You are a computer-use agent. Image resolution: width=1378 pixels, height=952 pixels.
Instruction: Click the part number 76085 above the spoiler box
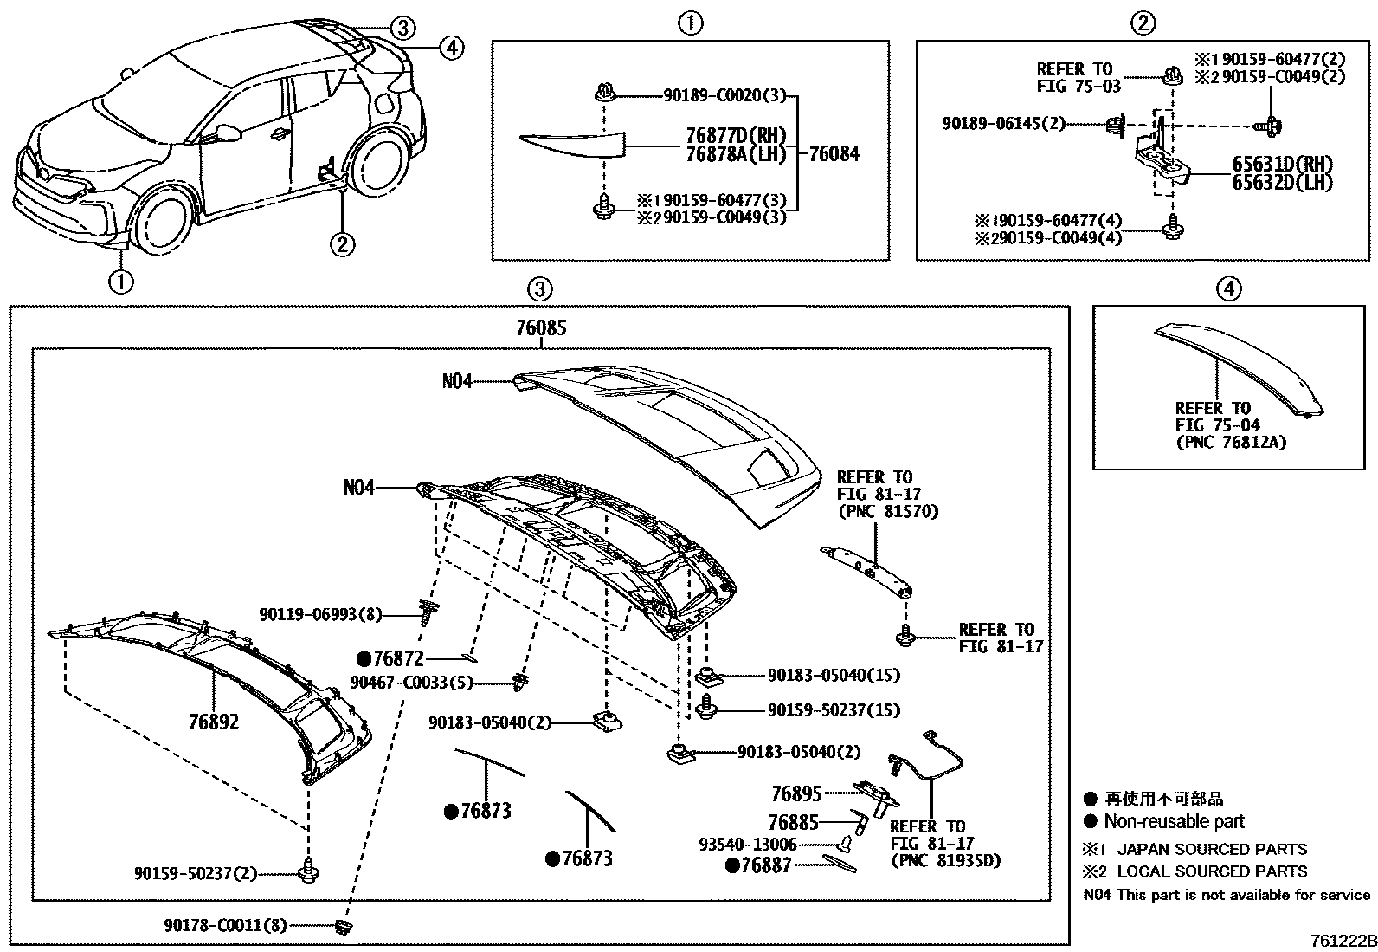pyautogui.click(x=540, y=328)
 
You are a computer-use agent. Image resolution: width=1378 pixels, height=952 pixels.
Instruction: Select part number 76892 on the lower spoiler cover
pyautogui.click(x=214, y=722)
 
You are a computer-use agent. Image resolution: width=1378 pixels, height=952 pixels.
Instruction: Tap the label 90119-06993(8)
pyautogui.click(x=320, y=614)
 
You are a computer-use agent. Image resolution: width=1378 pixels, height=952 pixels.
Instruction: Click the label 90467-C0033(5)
pyautogui.click(x=411, y=683)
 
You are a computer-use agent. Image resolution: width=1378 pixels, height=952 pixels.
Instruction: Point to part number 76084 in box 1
pyautogui.click(x=834, y=154)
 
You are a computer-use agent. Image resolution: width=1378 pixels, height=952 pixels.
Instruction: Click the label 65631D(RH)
pyautogui.click(x=1282, y=164)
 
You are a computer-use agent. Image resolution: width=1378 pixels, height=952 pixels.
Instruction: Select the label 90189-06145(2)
pyautogui.click(x=1003, y=125)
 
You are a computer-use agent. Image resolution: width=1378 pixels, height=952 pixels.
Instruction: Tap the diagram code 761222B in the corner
pyautogui.click(x=1341, y=941)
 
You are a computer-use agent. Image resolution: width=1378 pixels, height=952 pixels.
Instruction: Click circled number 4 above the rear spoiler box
pyautogui.click(x=1228, y=288)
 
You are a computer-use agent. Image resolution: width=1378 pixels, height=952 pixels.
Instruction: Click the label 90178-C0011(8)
pyautogui.click(x=225, y=926)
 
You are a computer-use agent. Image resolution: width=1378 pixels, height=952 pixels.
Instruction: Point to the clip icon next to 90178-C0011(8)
pyautogui.click(x=344, y=928)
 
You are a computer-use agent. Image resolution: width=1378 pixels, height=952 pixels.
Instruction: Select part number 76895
pyautogui.click(x=795, y=793)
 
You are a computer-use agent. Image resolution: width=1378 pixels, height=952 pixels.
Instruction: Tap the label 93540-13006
pyautogui.click(x=747, y=844)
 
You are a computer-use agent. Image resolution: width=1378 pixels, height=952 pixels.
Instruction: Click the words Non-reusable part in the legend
pyautogui.click(x=1173, y=821)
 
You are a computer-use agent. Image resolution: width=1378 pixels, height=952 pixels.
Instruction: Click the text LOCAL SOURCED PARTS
pyautogui.click(x=1212, y=871)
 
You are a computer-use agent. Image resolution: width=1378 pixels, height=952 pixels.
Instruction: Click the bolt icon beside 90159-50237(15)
pyautogui.click(x=707, y=708)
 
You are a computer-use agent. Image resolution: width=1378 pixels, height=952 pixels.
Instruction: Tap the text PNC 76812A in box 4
pyautogui.click(x=1230, y=442)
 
